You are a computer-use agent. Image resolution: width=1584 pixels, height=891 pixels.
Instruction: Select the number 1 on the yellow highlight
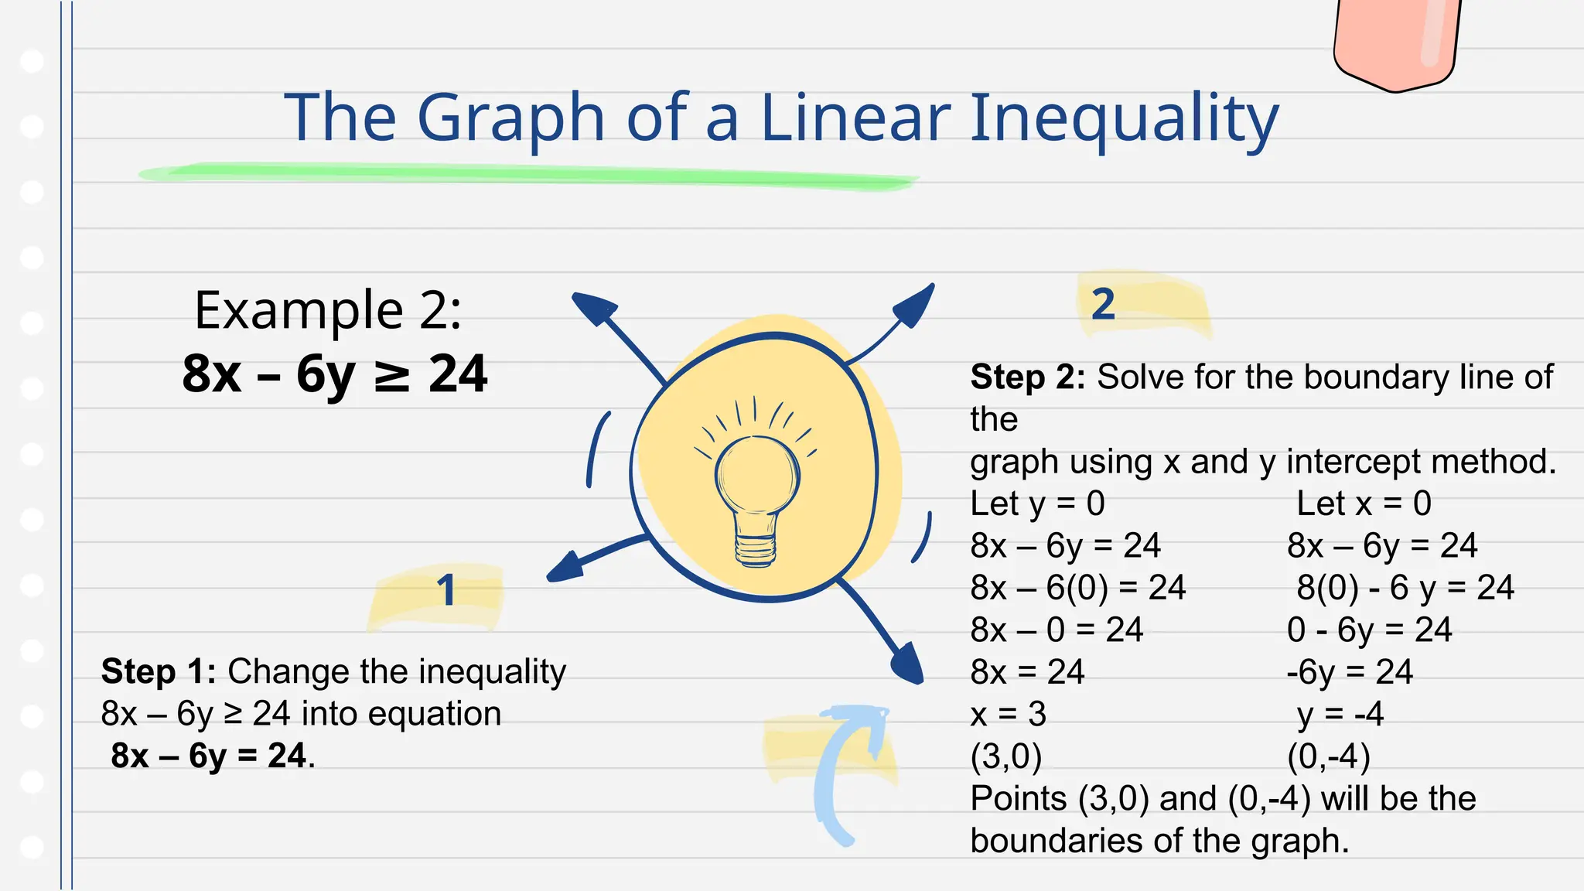[x=446, y=591]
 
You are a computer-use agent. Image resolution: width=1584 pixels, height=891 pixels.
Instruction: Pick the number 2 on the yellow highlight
[x=1103, y=304]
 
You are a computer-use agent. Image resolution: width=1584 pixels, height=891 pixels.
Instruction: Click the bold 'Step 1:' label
[x=159, y=671]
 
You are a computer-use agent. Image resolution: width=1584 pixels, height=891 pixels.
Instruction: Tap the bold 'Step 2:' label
[x=1028, y=377]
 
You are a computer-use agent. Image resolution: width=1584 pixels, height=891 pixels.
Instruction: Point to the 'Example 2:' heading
[x=328, y=310]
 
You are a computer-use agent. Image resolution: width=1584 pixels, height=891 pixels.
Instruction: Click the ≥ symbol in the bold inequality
[x=391, y=375]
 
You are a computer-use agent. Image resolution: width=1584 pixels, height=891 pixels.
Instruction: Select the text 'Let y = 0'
[x=1037, y=504]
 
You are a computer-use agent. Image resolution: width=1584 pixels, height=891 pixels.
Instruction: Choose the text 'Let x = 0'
[x=1364, y=504]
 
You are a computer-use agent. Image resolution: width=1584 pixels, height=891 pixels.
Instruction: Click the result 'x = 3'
[x=1008, y=714]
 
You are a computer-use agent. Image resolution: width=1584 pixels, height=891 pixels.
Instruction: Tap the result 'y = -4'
[x=1340, y=714]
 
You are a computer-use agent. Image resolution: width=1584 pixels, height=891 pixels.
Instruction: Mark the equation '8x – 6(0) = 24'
[x=1077, y=588]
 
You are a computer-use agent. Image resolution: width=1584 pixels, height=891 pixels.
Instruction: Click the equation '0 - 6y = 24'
[x=1369, y=630]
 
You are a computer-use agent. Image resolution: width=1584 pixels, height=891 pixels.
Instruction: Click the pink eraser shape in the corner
[x=1397, y=43]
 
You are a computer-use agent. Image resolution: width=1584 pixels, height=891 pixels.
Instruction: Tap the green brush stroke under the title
[x=526, y=175]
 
